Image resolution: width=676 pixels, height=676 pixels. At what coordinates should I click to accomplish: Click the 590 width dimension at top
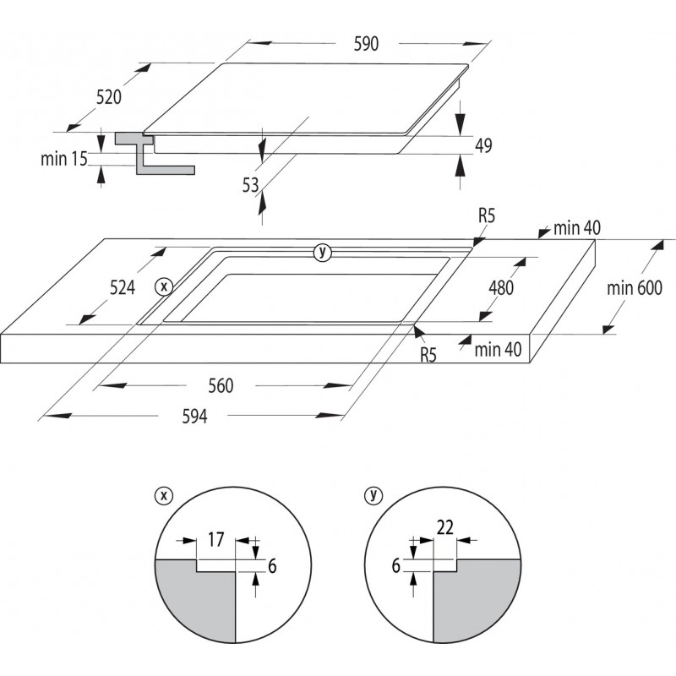(x=365, y=44)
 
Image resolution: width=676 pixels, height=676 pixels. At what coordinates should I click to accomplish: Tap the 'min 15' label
(x=64, y=158)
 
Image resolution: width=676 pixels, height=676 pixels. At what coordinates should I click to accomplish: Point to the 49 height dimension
(x=483, y=146)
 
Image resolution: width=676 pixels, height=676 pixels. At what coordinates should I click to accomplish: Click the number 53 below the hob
(x=250, y=185)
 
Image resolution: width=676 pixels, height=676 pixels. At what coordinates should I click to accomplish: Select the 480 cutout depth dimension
(x=501, y=286)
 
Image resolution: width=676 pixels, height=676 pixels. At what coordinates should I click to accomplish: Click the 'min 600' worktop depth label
(x=635, y=288)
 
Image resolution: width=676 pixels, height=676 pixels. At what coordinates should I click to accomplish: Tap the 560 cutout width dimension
(x=220, y=386)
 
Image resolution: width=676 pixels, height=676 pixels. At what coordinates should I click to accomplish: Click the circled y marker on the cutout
(x=321, y=251)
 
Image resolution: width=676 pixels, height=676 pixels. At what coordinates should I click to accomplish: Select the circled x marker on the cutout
(x=164, y=286)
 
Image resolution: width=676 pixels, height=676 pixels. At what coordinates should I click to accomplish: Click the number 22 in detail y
(x=445, y=527)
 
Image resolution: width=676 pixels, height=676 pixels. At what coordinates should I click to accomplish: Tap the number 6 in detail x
(x=272, y=566)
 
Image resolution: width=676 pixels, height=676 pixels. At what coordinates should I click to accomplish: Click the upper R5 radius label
(x=487, y=216)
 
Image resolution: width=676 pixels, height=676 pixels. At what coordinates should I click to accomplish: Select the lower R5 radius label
(x=428, y=356)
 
